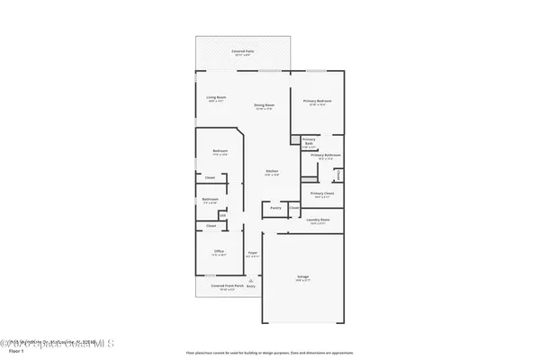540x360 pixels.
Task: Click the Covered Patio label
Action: (x=244, y=53)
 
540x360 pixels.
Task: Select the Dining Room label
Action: (x=264, y=105)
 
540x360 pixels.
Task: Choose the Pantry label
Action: (x=275, y=208)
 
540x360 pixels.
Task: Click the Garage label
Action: (x=303, y=277)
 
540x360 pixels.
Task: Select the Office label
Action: (x=219, y=251)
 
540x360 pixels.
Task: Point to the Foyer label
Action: (x=253, y=253)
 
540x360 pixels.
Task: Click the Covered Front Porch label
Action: (x=222, y=286)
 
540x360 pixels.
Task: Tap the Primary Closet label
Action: (x=322, y=193)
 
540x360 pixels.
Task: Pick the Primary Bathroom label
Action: (x=325, y=156)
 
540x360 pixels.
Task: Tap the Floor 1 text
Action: (x=13, y=351)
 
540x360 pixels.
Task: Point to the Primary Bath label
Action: (x=309, y=140)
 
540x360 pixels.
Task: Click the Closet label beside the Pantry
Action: (x=294, y=208)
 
